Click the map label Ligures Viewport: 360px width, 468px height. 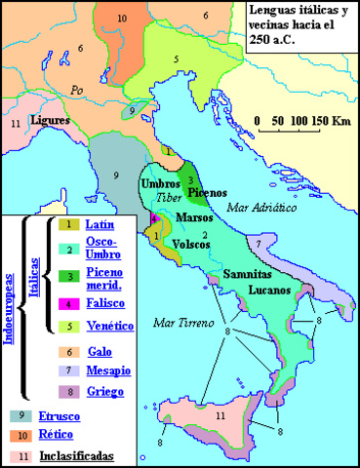tap(49, 120)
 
